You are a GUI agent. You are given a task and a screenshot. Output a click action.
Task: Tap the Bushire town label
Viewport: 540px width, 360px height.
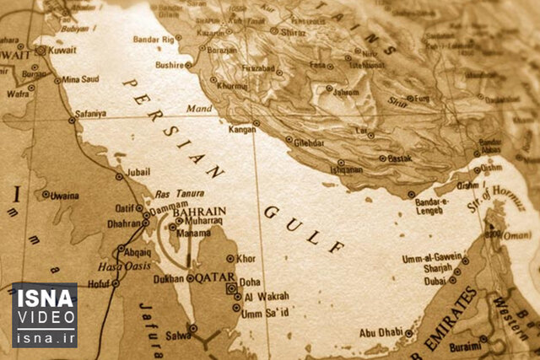pos(170,64)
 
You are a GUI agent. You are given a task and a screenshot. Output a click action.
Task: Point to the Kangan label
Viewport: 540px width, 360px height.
pos(242,129)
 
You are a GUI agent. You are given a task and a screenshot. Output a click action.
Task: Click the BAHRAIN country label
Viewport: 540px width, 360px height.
pos(199,212)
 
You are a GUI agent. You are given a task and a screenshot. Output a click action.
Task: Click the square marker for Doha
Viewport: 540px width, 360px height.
pos(230,288)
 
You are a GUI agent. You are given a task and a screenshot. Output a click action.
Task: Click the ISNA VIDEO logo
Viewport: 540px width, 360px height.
pos(44,314)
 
